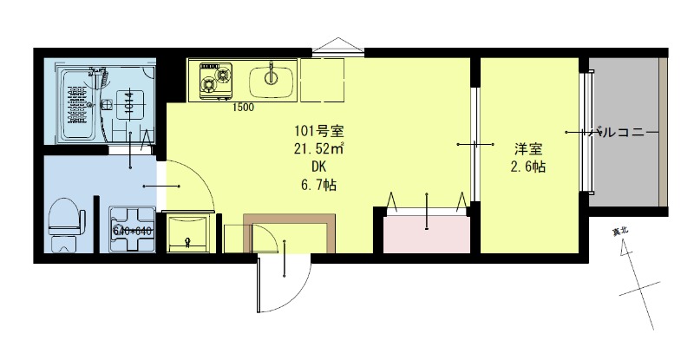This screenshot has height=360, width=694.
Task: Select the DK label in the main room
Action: pyautogui.click(x=320, y=166)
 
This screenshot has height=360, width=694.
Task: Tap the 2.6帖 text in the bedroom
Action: pyautogui.click(x=527, y=167)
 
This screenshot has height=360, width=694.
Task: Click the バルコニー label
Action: pyautogui.click(x=622, y=133)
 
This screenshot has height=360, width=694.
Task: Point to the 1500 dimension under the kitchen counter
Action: pyautogui.click(x=243, y=108)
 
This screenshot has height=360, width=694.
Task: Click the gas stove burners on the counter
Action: pyautogui.click(x=213, y=78)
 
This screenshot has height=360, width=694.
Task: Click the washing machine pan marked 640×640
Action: pyautogui.click(x=132, y=229)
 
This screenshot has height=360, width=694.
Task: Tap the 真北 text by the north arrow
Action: pyautogui.click(x=620, y=232)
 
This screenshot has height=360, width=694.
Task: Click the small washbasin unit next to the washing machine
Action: pyautogui.click(x=187, y=232)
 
